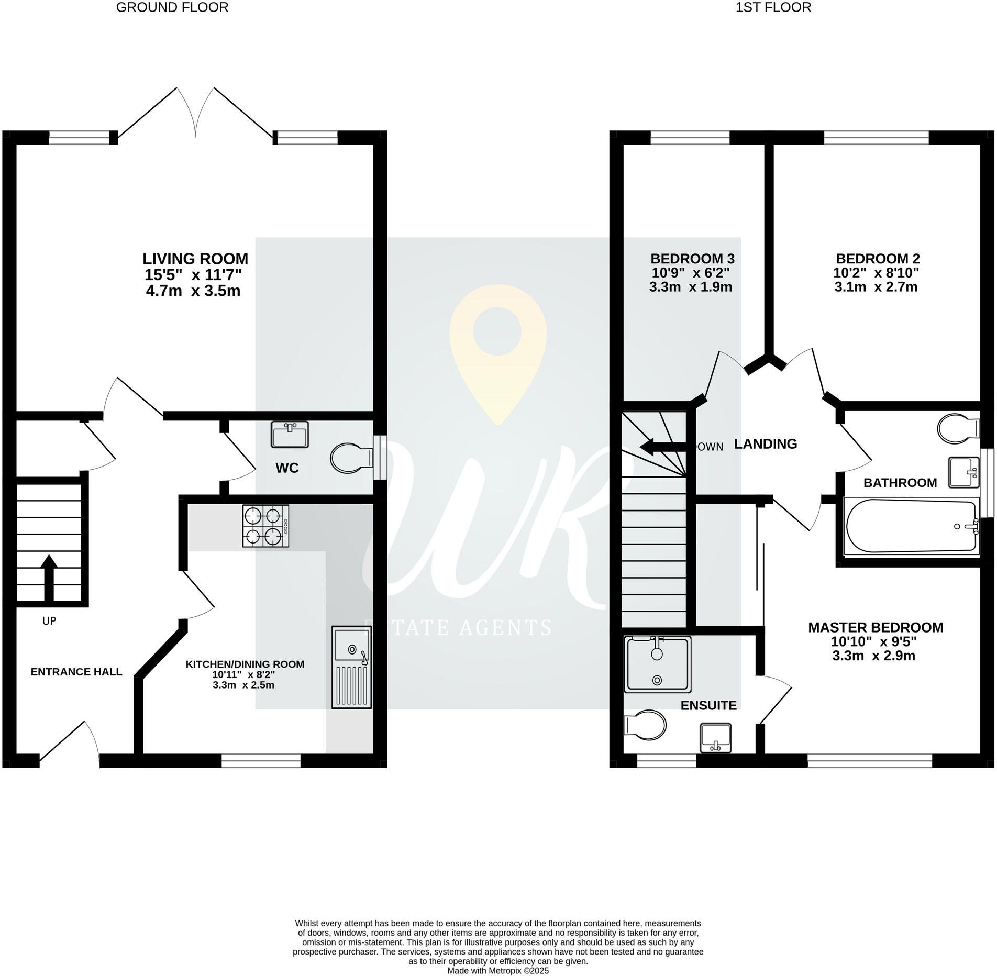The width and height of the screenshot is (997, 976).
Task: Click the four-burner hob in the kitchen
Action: pyautogui.click(x=265, y=526)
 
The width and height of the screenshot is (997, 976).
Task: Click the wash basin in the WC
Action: pyautogui.click(x=290, y=435)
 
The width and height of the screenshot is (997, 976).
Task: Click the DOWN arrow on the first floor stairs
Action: pyautogui.click(x=663, y=447)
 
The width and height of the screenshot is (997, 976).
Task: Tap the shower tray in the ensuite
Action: pyautogui.click(x=658, y=663)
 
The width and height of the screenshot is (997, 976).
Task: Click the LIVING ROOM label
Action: pyautogui.click(x=195, y=259)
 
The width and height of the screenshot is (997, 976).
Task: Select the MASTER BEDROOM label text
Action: pyautogui.click(x=876, y=627)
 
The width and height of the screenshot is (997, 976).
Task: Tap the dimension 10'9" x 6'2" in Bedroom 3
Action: pyautogui.click(x=691, y=273)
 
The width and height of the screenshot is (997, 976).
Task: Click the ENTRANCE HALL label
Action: pyautogui.click(x=76, y=672)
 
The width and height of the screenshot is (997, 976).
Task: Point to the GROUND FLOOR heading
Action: pyautogui.click(x=172, y=7)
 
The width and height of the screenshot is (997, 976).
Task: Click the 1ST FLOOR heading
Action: pyautogui.click(x=773, y=7)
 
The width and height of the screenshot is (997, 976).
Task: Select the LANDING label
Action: pyautogui.click(x=765, y=444)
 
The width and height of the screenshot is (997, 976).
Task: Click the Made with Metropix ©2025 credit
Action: pyautogui.click(x=498, y=970)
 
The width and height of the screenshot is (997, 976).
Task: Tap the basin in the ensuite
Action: pyautogui.click(x=716, y=738)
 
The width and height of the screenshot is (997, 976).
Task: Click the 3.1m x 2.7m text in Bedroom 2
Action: pyautogui.click(x=876, y=287)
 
